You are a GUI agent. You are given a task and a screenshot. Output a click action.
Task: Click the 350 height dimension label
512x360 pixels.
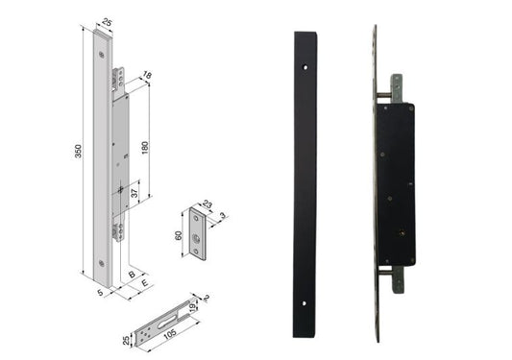click(x=78, y=151)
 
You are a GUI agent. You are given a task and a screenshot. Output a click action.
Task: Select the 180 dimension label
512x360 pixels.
click(x=145, y=148)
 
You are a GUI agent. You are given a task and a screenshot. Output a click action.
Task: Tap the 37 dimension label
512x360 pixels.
click(x=134, y=193)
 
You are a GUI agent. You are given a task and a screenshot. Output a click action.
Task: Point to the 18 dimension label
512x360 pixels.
click(x=147, y=76)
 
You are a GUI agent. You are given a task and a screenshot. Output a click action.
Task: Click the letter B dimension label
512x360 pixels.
click(x=132, y=275)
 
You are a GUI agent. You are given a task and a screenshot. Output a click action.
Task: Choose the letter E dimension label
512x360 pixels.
click(x=145, y=283)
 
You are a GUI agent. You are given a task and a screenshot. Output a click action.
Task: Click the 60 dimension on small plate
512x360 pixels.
click(x=179, y=235)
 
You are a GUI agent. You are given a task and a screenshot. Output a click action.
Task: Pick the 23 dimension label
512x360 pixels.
click(x=207, y=204)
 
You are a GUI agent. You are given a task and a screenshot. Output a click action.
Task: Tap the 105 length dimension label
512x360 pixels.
click(x=170, y=333)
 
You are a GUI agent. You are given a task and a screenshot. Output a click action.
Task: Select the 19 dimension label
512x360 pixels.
click(x=193, y=306)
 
